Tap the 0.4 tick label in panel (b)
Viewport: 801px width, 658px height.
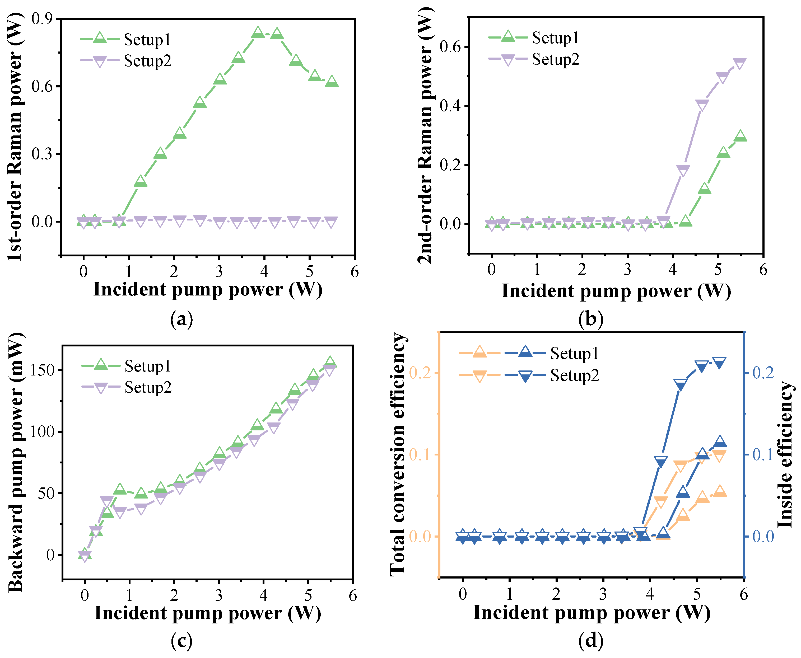click(x=450, y=106)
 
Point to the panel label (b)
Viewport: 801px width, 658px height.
click(x=590, y=319)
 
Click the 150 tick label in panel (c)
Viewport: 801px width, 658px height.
click(x=43, y=370)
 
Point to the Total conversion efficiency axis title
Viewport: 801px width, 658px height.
click(x=398, y=455)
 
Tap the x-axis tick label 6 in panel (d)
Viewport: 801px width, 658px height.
click(x=744, y=594)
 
